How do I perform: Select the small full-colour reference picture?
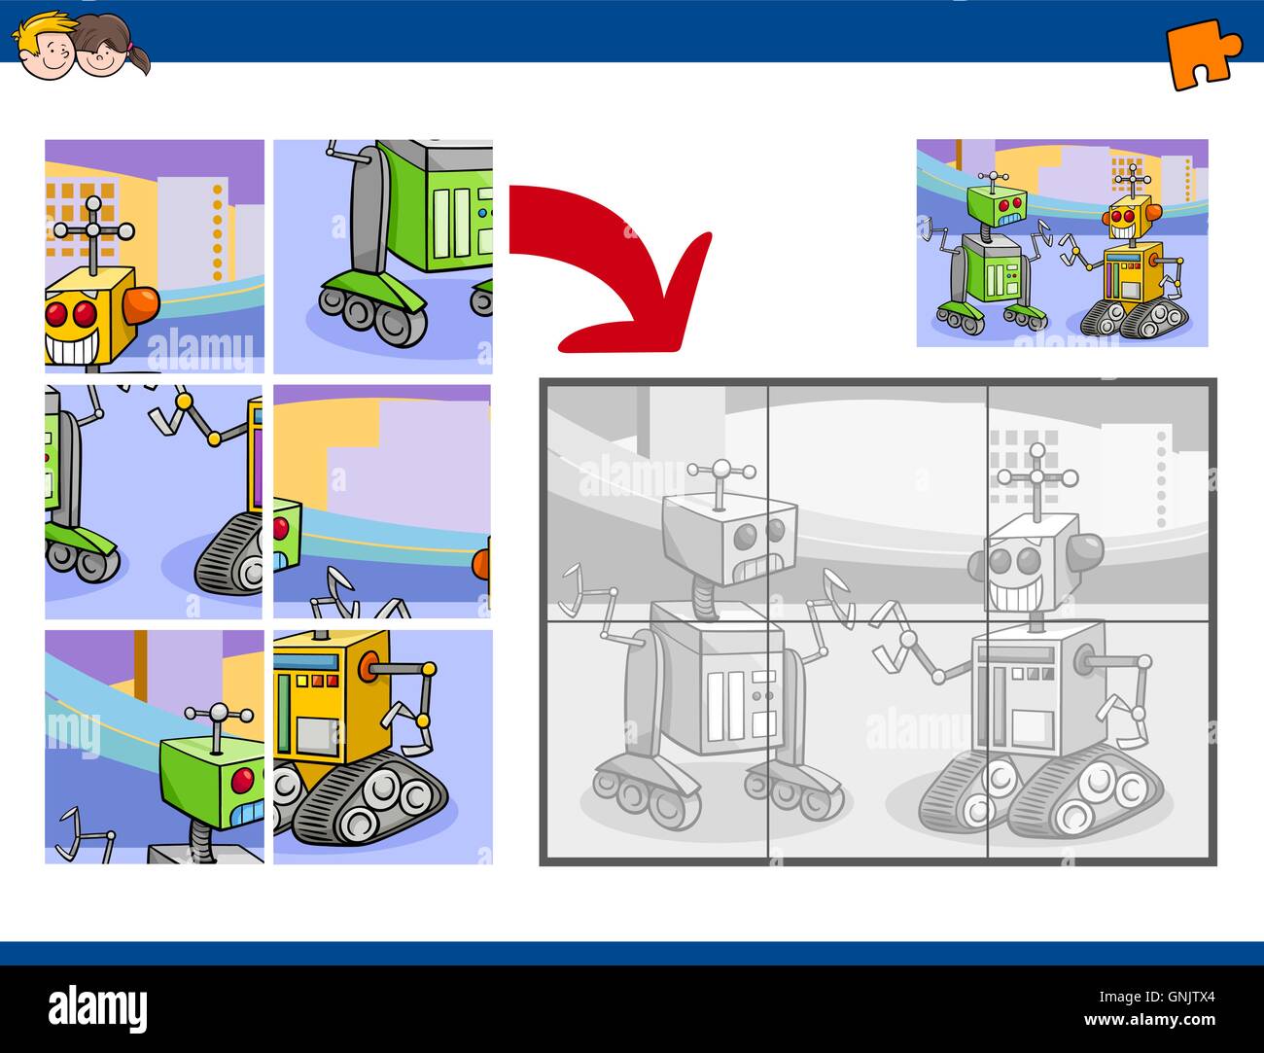pos(1062,242)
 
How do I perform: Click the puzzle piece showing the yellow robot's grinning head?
pos(154,256)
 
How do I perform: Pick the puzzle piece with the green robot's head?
pos(154,746)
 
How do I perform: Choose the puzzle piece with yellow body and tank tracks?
pos(382,746)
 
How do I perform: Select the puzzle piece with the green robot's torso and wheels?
pos(382,256)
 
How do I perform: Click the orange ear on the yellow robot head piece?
pos(142,304)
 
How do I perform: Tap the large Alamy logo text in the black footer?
pos(97,1006)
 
